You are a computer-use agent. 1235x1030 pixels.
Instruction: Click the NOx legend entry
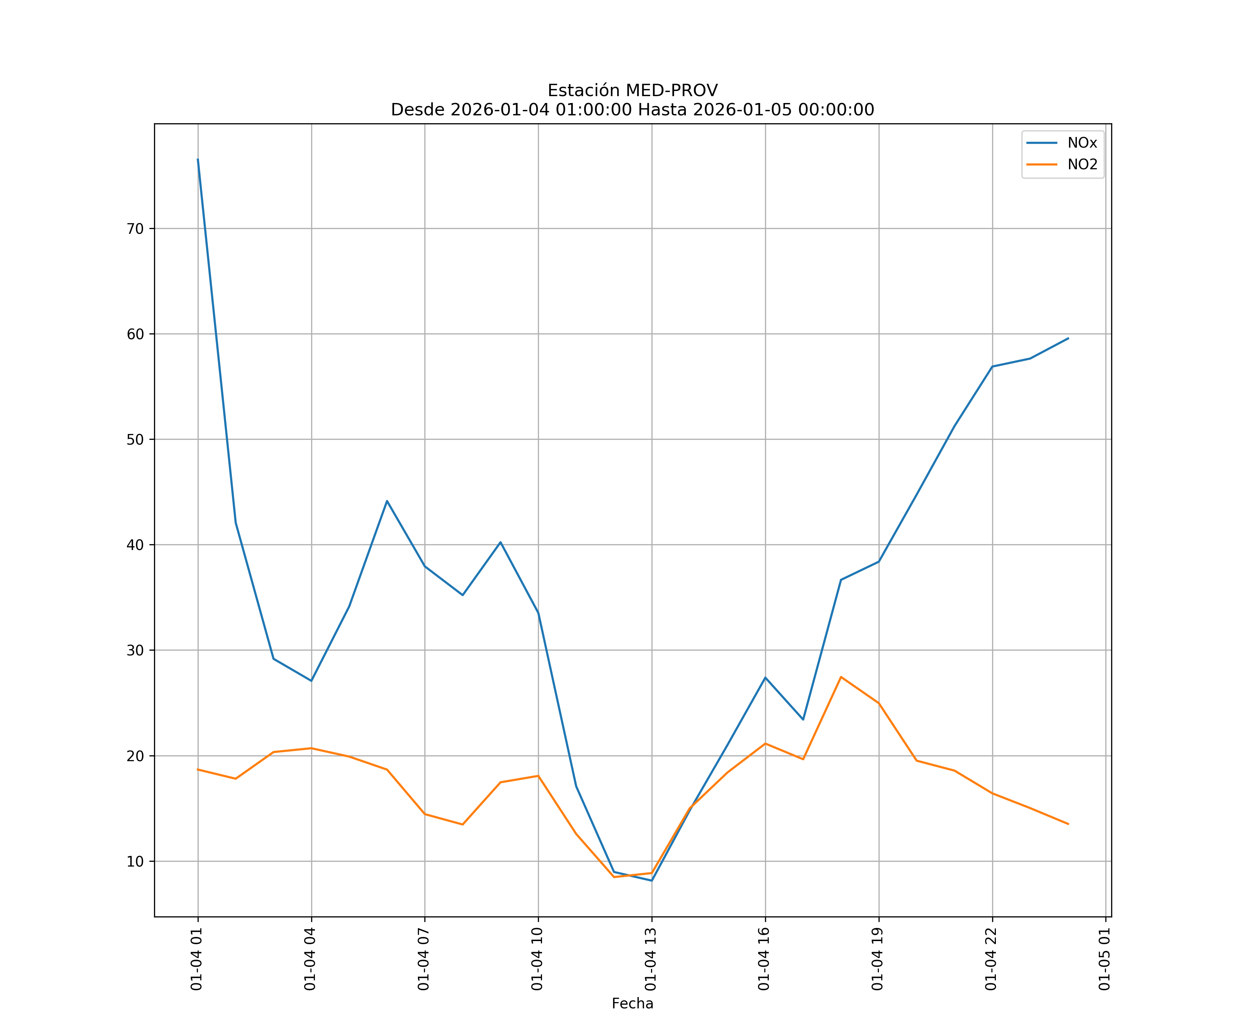[x=1082, y=143]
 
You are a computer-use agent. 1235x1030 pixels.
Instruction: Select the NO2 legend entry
[x=1082, y=165]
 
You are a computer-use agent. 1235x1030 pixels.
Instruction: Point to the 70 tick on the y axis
[x=135, y=229]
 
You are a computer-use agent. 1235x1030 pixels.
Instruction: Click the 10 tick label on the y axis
[x=135, y=862]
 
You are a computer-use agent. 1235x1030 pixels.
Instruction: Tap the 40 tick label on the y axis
[x=135, y=545]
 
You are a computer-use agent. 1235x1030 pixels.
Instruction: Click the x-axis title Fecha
[x=632, y=1004]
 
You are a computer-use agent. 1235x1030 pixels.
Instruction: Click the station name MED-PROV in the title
[x=672, y=91]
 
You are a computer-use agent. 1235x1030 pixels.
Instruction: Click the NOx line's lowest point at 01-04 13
[x=651, y=881]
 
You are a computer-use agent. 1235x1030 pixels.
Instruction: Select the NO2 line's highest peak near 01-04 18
[x=841, y=677]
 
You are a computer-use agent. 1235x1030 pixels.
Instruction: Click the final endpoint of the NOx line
[x=1068, y=339]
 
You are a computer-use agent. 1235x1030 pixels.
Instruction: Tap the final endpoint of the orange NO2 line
[x=1068, y=824]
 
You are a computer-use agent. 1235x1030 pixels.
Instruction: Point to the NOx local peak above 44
[x=387, y=501]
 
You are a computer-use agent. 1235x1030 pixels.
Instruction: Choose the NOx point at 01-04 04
[x=311, y=681]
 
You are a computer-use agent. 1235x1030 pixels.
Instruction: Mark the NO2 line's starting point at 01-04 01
[x=198, y=769]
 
